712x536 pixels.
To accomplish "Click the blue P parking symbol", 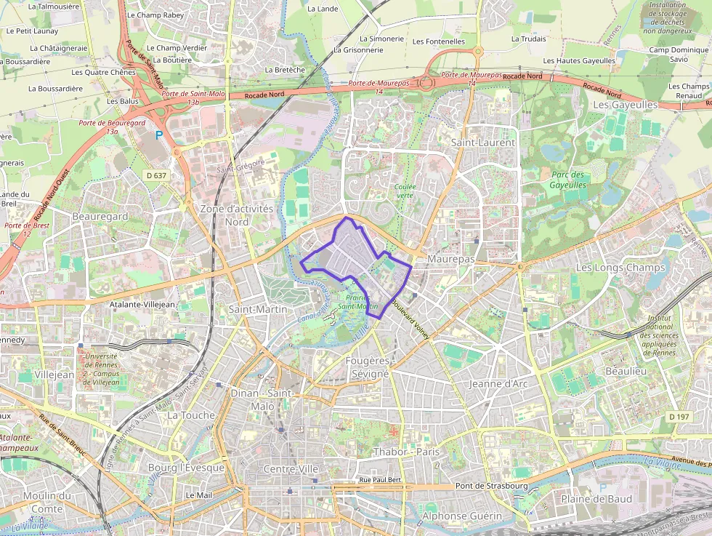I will tap(159, 135).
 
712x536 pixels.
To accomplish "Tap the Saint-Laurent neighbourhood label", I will tap(483, 143).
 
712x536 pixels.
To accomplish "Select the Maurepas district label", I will tap(451, 259).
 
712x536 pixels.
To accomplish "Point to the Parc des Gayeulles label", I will tap(568, 180).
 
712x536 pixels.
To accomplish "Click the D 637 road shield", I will tap(156, 175).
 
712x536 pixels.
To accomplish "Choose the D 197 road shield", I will tap(679, 416).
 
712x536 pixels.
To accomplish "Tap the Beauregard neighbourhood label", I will tap(100, 216).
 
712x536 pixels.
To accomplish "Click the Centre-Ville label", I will tap(292, 469).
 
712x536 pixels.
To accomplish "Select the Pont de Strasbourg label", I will tap(491, 486).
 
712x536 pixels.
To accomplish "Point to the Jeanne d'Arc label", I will tap(498, 383).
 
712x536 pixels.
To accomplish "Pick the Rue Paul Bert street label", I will tap(380, 481).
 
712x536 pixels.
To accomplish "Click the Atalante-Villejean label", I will tap(142, 305).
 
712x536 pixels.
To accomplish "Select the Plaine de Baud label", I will tap(596, 499).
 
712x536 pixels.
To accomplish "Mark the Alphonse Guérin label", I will tap(462, 516).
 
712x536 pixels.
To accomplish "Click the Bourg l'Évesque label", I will tap(186, 468).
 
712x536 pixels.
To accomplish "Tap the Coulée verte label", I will tap(405, 191).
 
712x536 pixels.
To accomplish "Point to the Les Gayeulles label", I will tap(626, 105).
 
